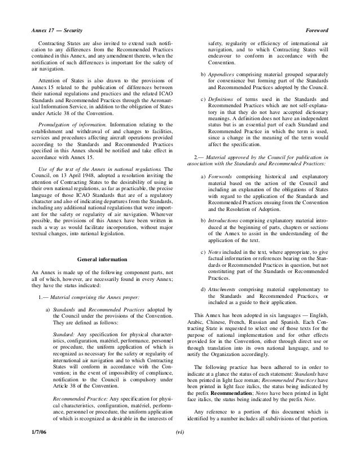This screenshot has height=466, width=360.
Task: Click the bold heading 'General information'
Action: (x=102, y=259)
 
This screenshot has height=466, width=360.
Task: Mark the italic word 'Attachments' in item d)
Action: (x=223, y=289)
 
